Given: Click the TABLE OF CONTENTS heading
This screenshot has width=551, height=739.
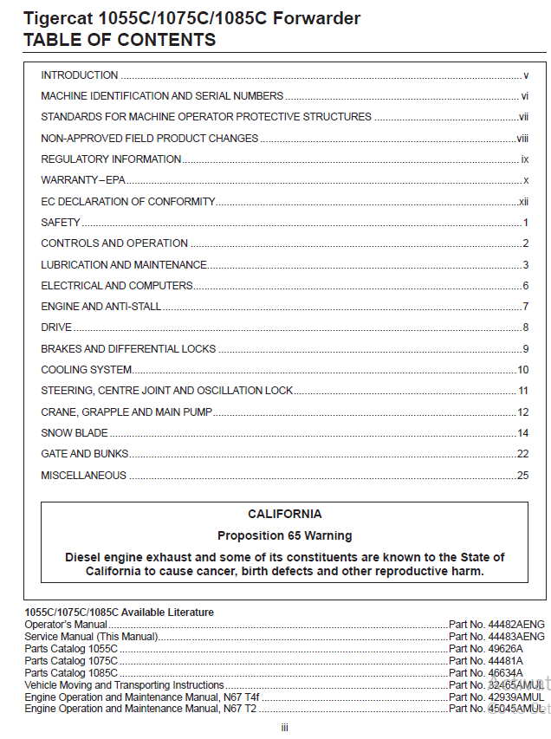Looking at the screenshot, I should [120, 40].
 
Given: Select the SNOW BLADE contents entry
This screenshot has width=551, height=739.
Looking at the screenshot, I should [75, 433].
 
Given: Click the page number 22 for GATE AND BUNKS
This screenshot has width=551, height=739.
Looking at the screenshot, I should [522, 454].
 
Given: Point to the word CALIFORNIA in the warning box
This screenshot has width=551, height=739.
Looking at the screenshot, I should [284, 514].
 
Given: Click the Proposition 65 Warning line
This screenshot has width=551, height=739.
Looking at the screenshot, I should [284, 535].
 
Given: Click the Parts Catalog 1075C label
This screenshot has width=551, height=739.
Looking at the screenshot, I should [71, 661].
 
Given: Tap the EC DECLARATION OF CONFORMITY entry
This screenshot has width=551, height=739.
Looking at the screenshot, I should [127, 202].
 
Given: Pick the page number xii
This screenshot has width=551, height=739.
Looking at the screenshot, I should [523, 202].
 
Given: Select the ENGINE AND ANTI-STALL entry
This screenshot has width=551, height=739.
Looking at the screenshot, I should [100, 307].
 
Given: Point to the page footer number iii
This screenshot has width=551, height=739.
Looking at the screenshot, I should [284, 728].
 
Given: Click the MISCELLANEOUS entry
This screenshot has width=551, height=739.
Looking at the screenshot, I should [83, 476].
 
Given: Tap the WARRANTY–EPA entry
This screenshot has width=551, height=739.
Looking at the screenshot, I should [83, 180].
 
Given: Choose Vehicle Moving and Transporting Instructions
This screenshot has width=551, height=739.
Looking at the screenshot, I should [124, 685].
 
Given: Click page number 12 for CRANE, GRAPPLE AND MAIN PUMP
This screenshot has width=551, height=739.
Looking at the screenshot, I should [522, 412].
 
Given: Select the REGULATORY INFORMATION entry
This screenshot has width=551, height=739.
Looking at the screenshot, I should [111, 159].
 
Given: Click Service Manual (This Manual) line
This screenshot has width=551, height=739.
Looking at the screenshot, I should [91, 637].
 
